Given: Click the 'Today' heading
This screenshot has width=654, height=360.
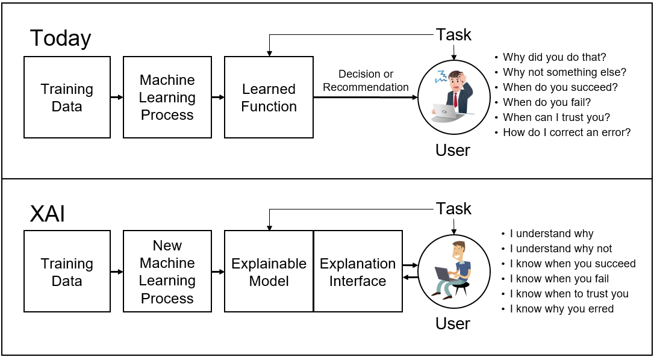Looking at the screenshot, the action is click(60, 39).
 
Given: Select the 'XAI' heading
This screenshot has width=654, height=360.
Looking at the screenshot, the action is click(48, 214).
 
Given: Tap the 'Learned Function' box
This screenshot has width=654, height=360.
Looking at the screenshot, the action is click(269, 97).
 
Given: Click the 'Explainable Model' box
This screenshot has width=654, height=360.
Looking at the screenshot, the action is click(269, 271).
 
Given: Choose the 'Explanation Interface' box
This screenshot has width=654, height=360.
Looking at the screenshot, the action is click(358, 271).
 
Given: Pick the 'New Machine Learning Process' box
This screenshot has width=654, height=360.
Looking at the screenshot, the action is click(167, 271).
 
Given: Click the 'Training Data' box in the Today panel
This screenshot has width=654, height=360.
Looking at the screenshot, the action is click(67, 97).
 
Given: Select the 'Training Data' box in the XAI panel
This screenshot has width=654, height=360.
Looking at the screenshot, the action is click(67, 271).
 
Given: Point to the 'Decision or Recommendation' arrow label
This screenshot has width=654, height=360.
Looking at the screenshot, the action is click(366, 81).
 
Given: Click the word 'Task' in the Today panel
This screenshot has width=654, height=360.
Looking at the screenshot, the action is click(454, 35).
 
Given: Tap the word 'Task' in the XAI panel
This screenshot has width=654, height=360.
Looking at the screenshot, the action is click(454, 208).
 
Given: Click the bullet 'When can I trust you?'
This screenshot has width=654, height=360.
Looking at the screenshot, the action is click(556, 117).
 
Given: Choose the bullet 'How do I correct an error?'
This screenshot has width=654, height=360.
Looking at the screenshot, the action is click(567, 132).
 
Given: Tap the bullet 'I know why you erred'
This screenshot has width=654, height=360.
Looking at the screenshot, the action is click(561, 309).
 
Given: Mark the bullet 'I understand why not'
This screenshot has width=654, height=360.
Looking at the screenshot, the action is click(561, 249).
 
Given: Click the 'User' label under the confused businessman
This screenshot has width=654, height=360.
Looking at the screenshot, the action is click(453, 150).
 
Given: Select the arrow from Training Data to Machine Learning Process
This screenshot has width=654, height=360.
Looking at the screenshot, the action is click(117, 97).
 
